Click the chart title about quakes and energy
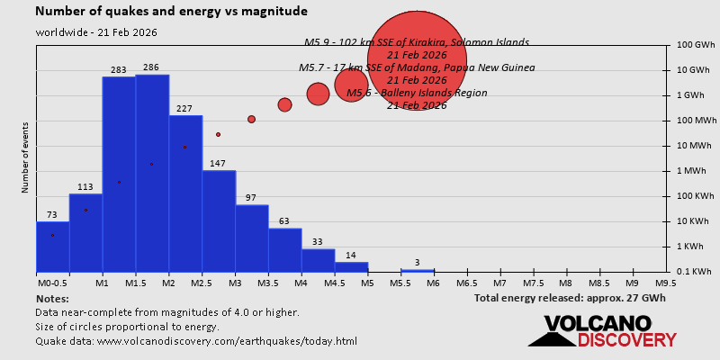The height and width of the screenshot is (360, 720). (171, 12)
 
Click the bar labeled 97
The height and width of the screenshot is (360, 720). (252, 238)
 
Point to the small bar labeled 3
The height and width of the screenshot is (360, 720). (418, 270)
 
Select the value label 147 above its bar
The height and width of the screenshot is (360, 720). (218, 164)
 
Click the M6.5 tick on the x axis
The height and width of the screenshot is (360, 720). (466, 283)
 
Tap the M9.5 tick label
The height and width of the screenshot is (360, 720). (666, 283)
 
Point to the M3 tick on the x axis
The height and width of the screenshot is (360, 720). (234, 283)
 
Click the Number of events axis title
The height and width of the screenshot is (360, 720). (26, 160)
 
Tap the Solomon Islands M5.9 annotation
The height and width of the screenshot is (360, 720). (416, 42)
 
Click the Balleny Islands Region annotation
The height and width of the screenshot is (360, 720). (417, 93)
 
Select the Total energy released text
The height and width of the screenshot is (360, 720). (570, 298)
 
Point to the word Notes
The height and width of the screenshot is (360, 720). (52, 298)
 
